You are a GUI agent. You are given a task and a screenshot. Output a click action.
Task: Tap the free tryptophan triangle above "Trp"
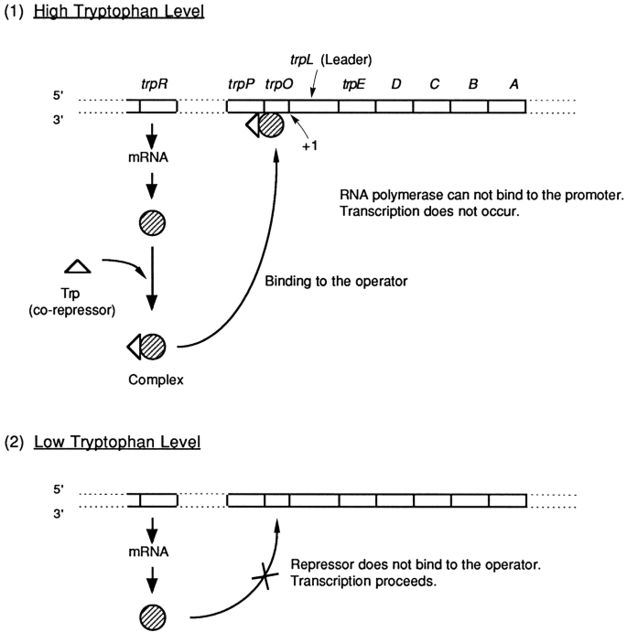tap(77, 265)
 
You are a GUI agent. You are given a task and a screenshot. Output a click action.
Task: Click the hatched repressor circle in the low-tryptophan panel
tap(152, 614)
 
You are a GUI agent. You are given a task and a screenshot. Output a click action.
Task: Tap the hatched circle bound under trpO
tap(271, 125)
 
